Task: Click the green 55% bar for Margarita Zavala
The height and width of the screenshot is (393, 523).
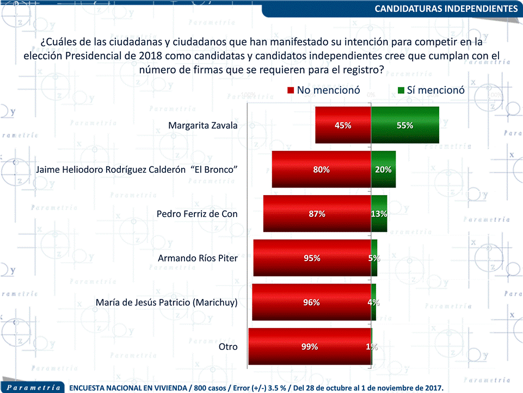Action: click(405, 125)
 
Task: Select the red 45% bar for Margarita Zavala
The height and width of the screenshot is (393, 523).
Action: click(343, 125)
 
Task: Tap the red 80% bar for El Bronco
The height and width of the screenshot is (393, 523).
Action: click(321, 170)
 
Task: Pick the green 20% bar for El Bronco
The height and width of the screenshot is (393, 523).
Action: click(383, 170)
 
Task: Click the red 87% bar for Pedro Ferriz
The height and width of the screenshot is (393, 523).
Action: click(317, 214)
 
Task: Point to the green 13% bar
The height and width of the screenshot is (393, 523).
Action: click(379, 214)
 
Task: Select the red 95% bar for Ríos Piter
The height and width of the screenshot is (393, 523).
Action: click(312, 258)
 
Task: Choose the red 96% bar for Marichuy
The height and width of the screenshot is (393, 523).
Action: click(311, 302)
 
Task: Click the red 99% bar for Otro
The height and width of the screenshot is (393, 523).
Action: click(310, 346)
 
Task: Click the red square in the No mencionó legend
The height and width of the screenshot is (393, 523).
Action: click(291, 90)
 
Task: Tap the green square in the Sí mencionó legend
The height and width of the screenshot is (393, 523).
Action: click(401, 90)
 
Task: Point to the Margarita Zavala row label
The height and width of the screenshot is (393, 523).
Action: click(203, 125)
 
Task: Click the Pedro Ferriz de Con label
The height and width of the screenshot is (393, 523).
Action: click(197, 214)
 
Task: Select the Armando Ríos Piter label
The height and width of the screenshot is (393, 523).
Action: click(198, 258)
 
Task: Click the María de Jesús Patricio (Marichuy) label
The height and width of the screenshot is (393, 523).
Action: click(167, 302)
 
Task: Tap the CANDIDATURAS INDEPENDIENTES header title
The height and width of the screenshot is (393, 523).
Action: click(446, 9)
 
